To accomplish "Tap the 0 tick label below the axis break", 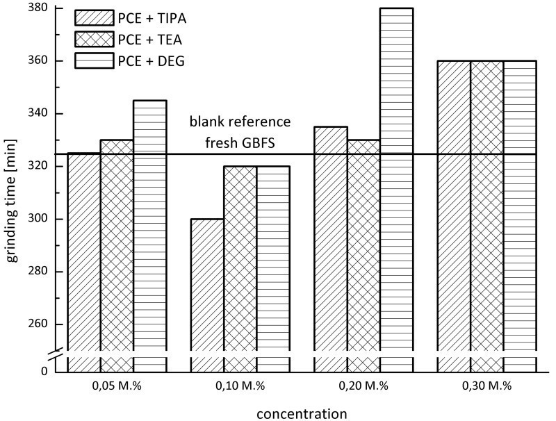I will [x=44, y=372].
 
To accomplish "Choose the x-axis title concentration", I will [x=302, y=414].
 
